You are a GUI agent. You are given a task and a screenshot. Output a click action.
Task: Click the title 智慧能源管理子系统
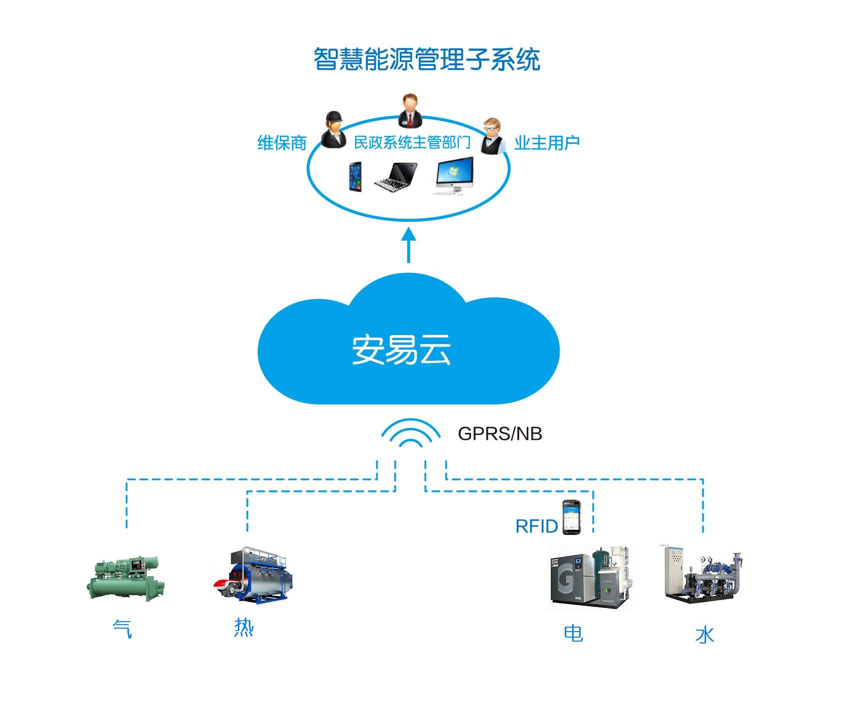(x=426, y=60)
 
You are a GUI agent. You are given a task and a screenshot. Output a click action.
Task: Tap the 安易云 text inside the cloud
(x=401, y=349)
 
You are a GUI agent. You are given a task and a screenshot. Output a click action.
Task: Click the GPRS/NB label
(x=499, y=433)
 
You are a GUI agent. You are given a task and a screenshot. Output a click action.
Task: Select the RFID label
(x=536, y=526)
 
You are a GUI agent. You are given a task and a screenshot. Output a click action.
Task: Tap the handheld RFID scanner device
(x=570, y=517)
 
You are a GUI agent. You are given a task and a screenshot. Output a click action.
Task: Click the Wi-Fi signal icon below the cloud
(x=410, y=433)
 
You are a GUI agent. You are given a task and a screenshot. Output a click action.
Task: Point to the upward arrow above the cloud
(x=409, y=245)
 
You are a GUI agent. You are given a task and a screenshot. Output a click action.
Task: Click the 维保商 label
(x=281, y=143)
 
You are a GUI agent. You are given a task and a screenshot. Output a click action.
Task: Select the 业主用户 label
(x=547, y=143)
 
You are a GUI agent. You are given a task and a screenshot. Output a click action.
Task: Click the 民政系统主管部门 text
(x=412, y=142)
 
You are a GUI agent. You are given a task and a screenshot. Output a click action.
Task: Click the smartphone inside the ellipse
(x=355, y=176)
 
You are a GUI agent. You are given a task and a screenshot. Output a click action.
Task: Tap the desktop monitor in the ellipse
(x=454, y=176)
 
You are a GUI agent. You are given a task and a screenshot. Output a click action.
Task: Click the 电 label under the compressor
(x=573, y=633)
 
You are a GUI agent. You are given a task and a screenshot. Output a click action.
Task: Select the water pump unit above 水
(x=702, y=575)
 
